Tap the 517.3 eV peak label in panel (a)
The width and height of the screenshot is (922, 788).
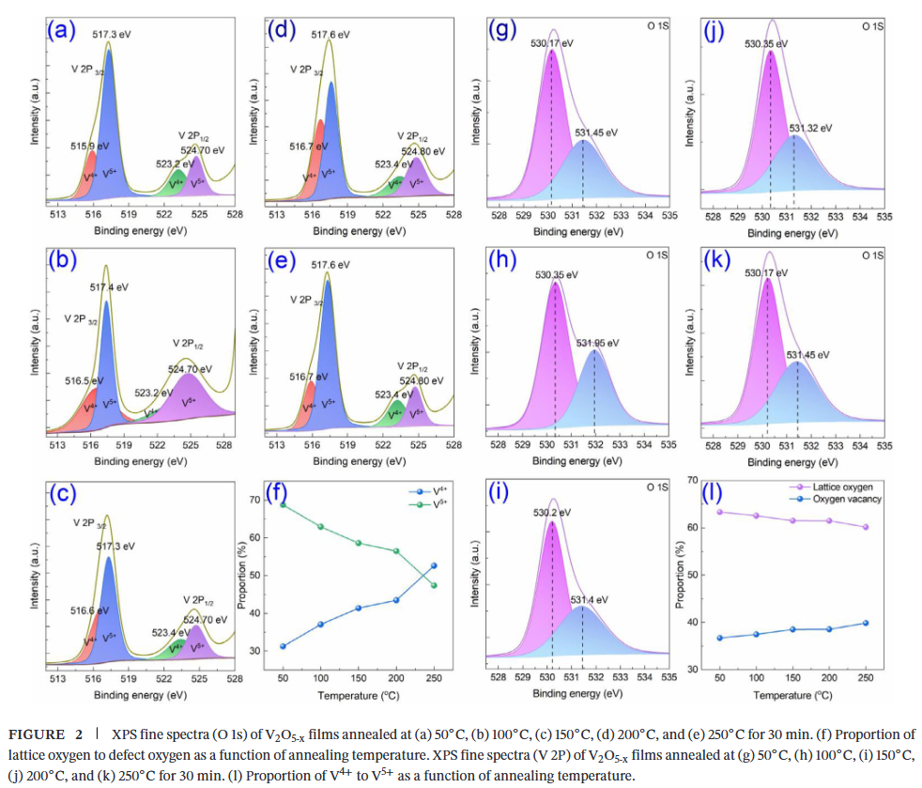click(110, 34)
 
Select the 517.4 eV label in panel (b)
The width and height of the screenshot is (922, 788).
click(110, 286)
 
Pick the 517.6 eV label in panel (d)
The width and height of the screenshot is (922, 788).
click(330, 34)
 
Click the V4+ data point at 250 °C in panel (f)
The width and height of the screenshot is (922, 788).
click(433, 565)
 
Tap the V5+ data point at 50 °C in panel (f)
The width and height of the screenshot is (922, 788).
click(282, 505)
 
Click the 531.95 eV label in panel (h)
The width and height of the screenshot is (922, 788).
click(598, 343)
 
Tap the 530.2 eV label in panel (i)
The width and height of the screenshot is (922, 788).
click(552, 515)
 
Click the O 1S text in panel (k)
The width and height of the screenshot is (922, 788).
click(872, 255)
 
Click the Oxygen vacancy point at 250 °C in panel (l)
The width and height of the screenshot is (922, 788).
click(865, 623)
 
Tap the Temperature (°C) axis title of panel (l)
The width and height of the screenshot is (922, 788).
click(792, 695)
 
